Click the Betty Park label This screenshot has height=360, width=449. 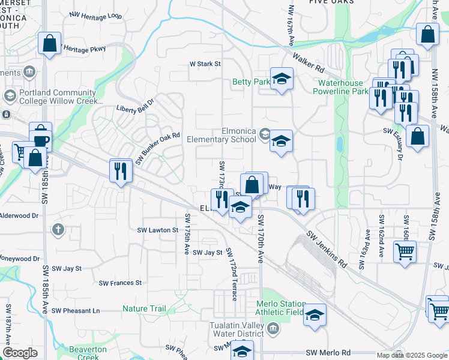[251, 82]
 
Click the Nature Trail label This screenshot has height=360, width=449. [144, 308]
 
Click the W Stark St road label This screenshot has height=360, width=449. [205, 63]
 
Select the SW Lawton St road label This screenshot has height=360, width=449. [158, 230]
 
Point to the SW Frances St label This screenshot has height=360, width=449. [120, 283]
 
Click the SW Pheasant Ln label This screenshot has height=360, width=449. [76, 310]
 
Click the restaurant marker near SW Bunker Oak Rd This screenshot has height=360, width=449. [121, 171]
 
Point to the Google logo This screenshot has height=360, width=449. [20, 353]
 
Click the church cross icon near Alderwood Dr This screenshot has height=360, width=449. [58, 229]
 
